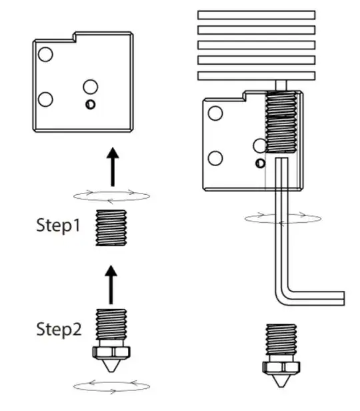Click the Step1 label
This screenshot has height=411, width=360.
pos(58,225)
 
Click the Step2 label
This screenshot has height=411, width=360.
pos(59,329)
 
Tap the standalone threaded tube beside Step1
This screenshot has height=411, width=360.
pos(111,228)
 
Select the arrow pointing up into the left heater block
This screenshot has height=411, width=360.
pos(113,167)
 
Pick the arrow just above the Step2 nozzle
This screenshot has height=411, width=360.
pos(111,285)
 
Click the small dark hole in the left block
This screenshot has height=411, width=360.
pos(90,104)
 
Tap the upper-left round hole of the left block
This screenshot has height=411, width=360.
pos(45,54)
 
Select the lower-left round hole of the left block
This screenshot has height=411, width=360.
pos(45,99)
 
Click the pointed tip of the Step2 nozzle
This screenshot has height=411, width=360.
pos(111,372)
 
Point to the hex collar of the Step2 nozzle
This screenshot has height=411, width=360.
pos(111,352)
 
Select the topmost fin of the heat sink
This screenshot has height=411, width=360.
pos(256,15)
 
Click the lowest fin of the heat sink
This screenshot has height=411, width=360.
pos(256,76)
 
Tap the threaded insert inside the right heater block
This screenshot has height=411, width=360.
pos(281,122)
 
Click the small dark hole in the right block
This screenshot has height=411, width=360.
pos(260,163)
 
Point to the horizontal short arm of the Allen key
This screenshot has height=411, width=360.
pos(315,298)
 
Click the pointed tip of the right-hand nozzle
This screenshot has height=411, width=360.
pos(281,386)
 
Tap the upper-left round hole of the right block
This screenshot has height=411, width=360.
pos(215,113)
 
